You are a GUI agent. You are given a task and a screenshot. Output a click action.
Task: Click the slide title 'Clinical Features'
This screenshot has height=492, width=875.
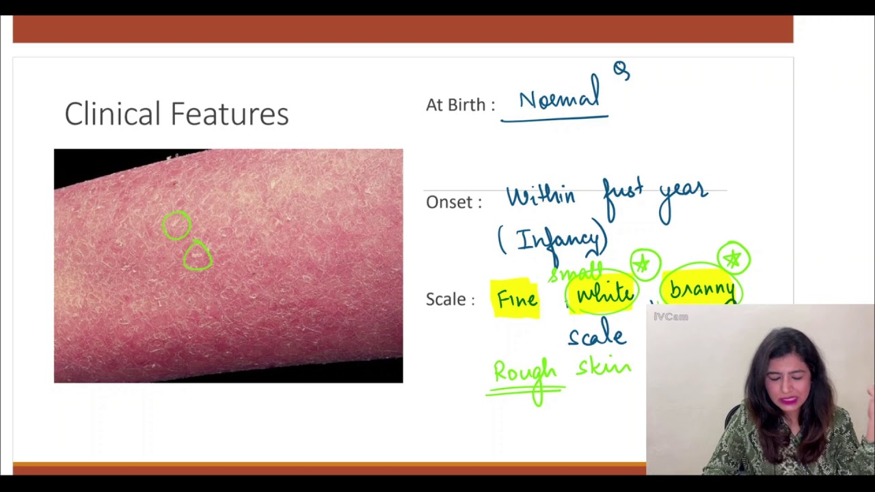(x=176, y=114)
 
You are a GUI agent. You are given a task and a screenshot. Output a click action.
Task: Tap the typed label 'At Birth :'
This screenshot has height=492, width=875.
(x=460, y=105)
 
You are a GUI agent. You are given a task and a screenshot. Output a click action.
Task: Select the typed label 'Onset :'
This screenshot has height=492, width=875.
(x=453, y=202)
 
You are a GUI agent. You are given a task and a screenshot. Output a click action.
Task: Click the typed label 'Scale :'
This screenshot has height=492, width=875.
(x=450, y=299)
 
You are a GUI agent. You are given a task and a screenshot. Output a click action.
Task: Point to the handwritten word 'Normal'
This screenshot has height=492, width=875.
(x=558, y=99)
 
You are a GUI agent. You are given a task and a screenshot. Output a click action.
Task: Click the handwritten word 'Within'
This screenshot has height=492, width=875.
(x=540, y=196)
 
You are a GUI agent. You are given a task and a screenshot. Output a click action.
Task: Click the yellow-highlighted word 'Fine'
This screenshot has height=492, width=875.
(x=517, y=299)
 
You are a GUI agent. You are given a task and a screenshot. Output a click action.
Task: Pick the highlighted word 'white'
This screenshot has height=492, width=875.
(x=605, y=294)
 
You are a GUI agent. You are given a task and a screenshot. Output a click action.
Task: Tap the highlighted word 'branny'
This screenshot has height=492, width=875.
(x=702, y=289)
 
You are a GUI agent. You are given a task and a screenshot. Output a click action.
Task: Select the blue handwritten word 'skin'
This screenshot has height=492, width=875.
(x=604, y=368)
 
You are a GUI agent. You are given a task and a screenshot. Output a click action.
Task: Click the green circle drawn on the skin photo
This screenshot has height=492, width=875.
(x=176, y=225)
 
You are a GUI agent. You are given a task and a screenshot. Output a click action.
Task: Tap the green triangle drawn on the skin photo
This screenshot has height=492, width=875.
(x=198, y=256)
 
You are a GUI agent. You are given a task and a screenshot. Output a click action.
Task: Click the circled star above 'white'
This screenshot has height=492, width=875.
(x=644, y=264)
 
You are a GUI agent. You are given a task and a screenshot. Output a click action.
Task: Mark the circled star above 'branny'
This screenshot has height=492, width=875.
(x=733, y=258)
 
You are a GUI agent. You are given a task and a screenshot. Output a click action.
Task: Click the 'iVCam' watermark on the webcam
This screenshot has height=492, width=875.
(x=671, y=316)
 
